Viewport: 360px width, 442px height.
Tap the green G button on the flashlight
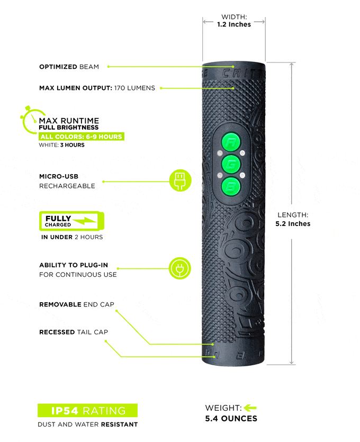point(231,164)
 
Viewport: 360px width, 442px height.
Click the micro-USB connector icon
point(180,181)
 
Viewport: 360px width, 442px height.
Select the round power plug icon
point(180,268)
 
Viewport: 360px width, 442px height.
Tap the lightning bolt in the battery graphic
point(84,221)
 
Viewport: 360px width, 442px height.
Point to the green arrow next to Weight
point(250,408)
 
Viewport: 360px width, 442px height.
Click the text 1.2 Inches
point(234,24)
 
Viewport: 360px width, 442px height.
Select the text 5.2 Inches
point(293,224)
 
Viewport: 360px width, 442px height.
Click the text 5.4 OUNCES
point(231,419)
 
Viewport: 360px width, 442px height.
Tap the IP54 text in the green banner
point(65,411)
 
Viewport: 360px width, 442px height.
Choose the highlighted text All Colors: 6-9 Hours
point(81,137)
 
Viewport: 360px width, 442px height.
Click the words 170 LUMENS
point(134,88)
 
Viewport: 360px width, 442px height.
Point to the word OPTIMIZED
point(58,67)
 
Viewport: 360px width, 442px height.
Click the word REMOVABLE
point(60,304)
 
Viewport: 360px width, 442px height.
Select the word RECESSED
point(57,332)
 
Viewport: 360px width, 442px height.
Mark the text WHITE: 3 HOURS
point(62,145)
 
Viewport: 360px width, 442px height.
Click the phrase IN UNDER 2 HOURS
point(72,237)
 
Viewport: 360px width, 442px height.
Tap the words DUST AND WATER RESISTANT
point(88,424)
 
